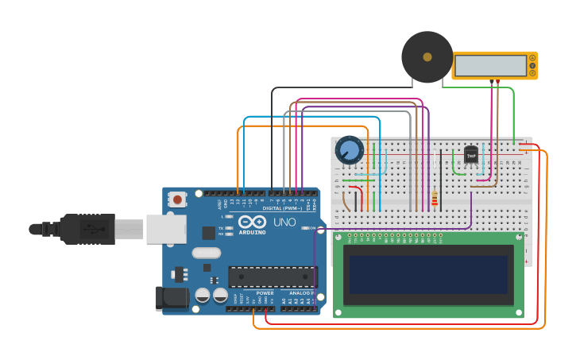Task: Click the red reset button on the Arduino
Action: (176, 199)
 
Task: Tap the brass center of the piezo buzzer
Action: (427, 57)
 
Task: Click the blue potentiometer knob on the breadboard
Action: (349, 149)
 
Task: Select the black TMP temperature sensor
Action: (471, 154)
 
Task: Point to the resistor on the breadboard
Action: (435, 199)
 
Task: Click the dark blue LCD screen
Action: (428, 274)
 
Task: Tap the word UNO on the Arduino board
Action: (284, 223)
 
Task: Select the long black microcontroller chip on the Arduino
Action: (272, 277)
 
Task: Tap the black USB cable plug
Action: (87, 229)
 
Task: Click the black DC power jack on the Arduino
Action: (172, 298)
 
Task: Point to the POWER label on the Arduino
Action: (265, 292)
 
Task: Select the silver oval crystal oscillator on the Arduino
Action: (206, 254)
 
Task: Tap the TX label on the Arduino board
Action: (222, 228)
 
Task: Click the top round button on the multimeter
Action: (532, 58)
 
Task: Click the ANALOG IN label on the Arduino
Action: (301, 292)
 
